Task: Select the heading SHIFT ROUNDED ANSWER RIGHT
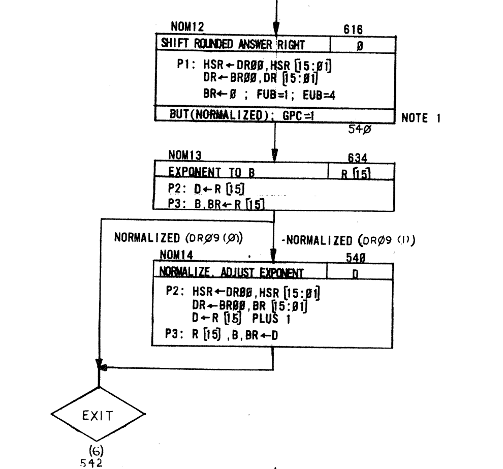pyautogui.click(x=231, y=45)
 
